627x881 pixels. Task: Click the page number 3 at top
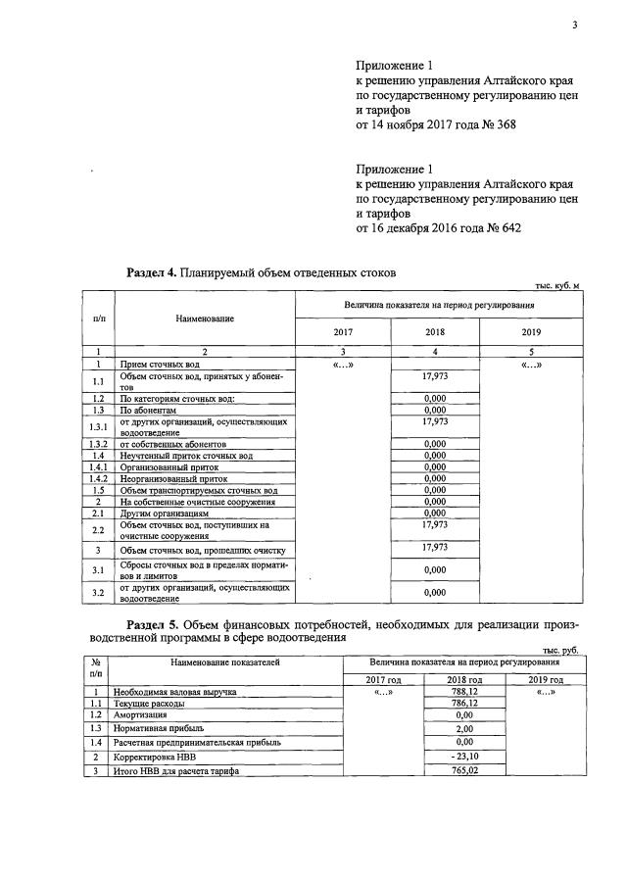point(575,26)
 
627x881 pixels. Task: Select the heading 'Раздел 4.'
point(153,272)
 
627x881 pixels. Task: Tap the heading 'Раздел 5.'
point(153,623)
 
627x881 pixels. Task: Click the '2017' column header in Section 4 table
point(343,332)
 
